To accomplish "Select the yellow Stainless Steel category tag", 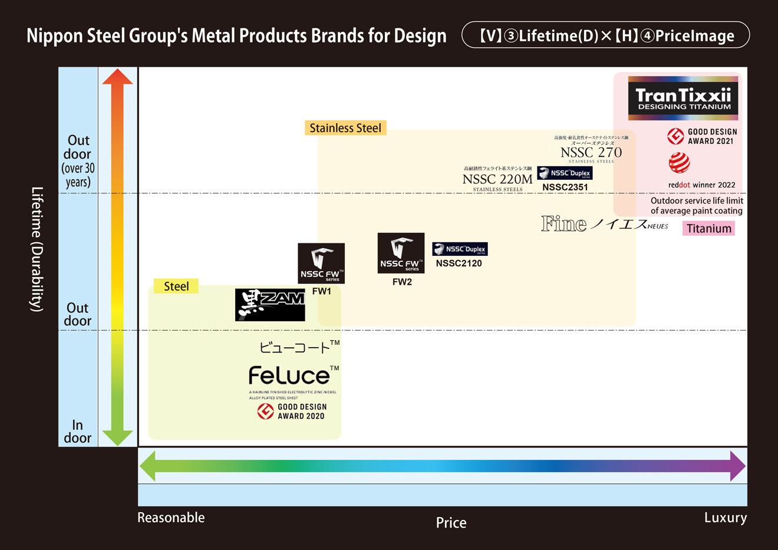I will (345, 128).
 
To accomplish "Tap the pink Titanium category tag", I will (708, 228).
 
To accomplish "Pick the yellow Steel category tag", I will (176, 286).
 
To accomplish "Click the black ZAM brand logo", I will (270, 305).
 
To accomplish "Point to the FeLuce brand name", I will (289, 376).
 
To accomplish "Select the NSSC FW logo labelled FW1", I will (321, 263).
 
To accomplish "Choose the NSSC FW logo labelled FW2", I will (401, 253).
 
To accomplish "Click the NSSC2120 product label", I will (459, 264).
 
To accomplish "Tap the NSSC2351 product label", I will (565, 187).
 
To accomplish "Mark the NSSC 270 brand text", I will (591, 153).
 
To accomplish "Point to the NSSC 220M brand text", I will (497, 179).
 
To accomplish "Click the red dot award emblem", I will (679, 163).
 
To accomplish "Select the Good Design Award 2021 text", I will (712, 137).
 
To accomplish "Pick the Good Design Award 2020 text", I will (302, 411).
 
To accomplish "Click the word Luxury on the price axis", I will (725, 518).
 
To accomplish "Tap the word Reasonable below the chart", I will (171, 518).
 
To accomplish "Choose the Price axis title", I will (451, 523).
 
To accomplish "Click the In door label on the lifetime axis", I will (78, 432).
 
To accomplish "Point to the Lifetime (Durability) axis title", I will (37, 249).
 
